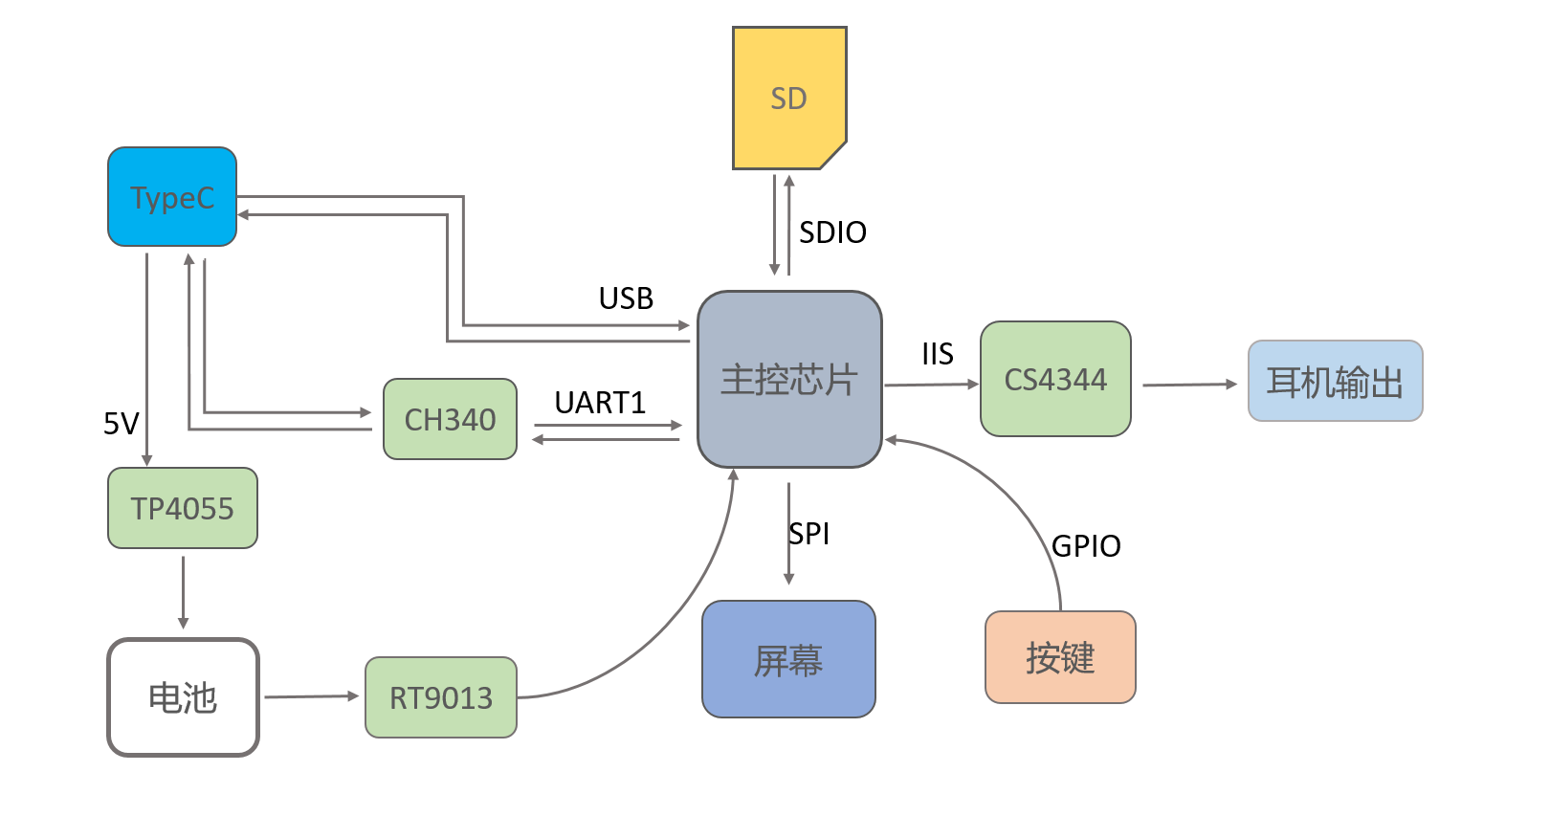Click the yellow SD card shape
788,98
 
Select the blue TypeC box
172,197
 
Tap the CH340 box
450,419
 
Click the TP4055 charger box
182,508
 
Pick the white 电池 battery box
183,697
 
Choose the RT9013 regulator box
440,697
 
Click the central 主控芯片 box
789,380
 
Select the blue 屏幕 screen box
788,659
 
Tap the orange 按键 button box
1060,657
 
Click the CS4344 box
1055,379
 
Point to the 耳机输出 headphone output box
1335,381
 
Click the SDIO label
832,232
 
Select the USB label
626,298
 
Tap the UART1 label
600,403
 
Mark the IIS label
938,354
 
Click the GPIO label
1086,546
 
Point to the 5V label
122,423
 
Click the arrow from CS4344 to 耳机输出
1189,385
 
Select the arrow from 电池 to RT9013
311,696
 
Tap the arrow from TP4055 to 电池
183,592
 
